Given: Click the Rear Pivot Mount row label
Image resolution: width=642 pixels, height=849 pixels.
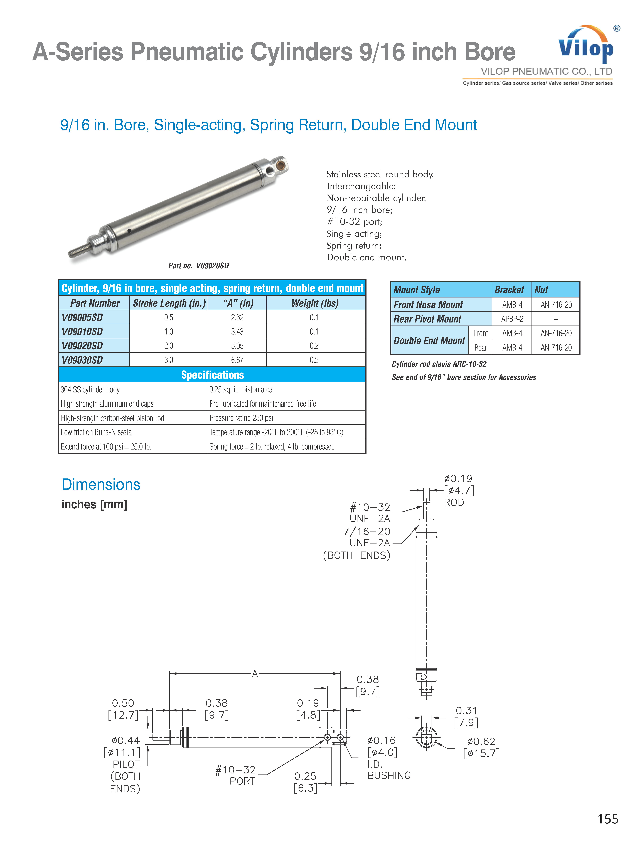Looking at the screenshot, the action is click(427, 319).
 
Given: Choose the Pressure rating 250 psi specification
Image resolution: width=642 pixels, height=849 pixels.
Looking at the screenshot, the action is click(241, 418).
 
